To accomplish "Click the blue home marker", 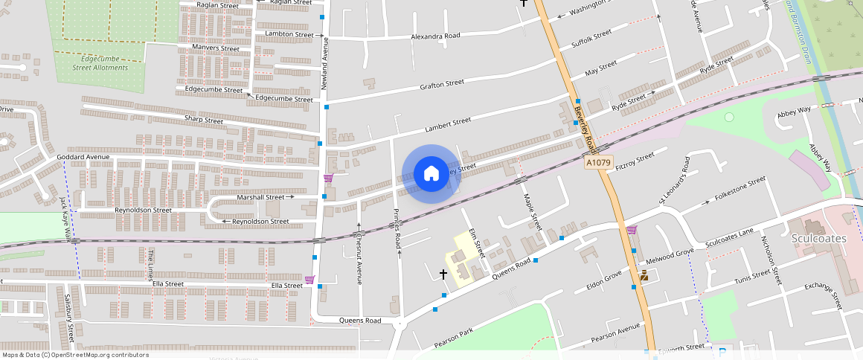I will click(431, 174).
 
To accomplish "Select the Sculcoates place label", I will click(818, 238).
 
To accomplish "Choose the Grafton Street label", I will click(442, 84).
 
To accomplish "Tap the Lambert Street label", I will click(448, 121).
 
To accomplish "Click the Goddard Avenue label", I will click(83, 157).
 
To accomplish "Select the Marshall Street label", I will click(260, 197).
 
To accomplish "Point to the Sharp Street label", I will click(204, 120).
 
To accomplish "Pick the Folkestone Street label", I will click(740, 189).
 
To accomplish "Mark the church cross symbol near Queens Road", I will click(444, 274).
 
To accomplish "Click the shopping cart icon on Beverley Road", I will click(632, 230).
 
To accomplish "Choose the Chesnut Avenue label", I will click(359, 259).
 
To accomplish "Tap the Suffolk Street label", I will click(591, 39).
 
